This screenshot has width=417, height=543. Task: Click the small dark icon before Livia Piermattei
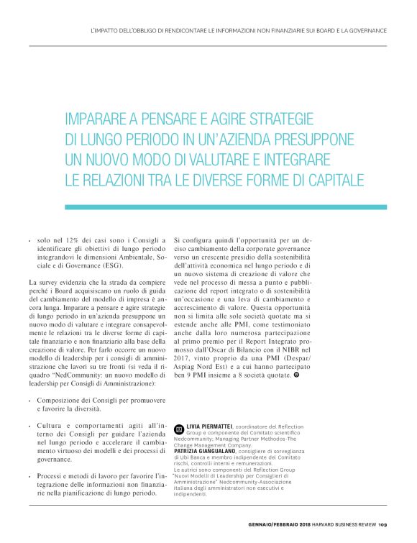[x=179, y=427]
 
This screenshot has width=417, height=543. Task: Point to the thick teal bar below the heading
[x=226, y=206]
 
